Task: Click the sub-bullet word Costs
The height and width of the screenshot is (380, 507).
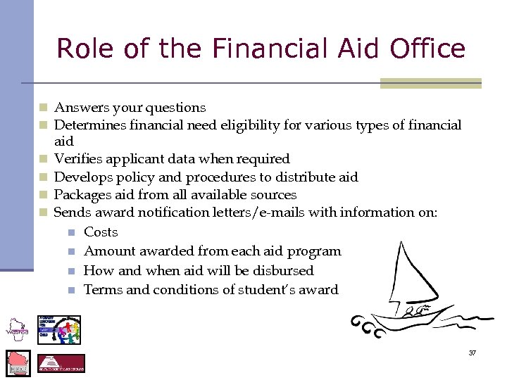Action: click(101, 232)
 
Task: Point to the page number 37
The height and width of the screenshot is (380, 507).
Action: click(472, 353)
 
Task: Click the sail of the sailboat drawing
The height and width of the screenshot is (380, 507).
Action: click(408, 274)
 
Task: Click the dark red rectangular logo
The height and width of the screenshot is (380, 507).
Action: click(61, 363)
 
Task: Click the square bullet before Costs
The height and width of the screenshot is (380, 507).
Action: click(71, 232)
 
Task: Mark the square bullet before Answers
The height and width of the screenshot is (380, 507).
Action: click(43, 108)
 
